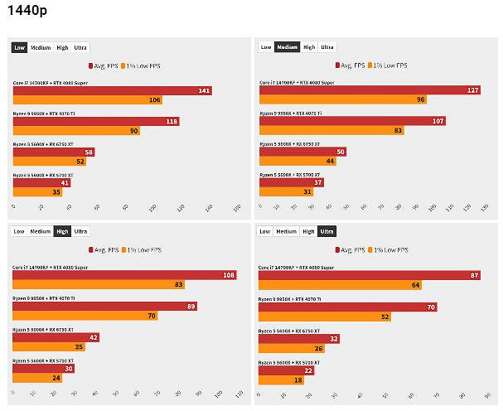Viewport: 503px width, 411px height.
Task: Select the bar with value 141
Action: [x=112, y=90]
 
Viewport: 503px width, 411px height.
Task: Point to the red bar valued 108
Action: [x=124, y=275]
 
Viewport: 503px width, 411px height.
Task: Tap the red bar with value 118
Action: [x=95, y=121]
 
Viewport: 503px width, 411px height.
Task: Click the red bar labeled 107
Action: [x=353, y=121]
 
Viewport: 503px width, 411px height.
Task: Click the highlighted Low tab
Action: [x=19, y=47]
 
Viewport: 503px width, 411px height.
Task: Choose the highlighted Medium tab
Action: [x=287, y=47]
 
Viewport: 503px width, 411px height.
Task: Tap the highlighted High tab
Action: [x=62, y=232]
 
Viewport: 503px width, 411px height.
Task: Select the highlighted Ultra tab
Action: [x=327, y=232]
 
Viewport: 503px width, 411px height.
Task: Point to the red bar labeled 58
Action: [x=54, y=152]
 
